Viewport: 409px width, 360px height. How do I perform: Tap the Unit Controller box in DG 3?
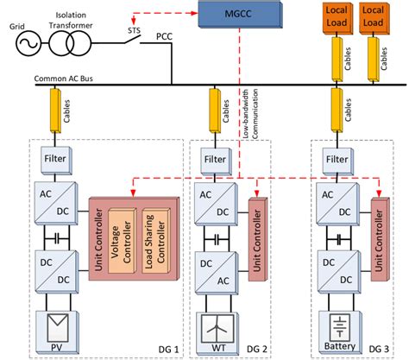[x=377, y=238]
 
